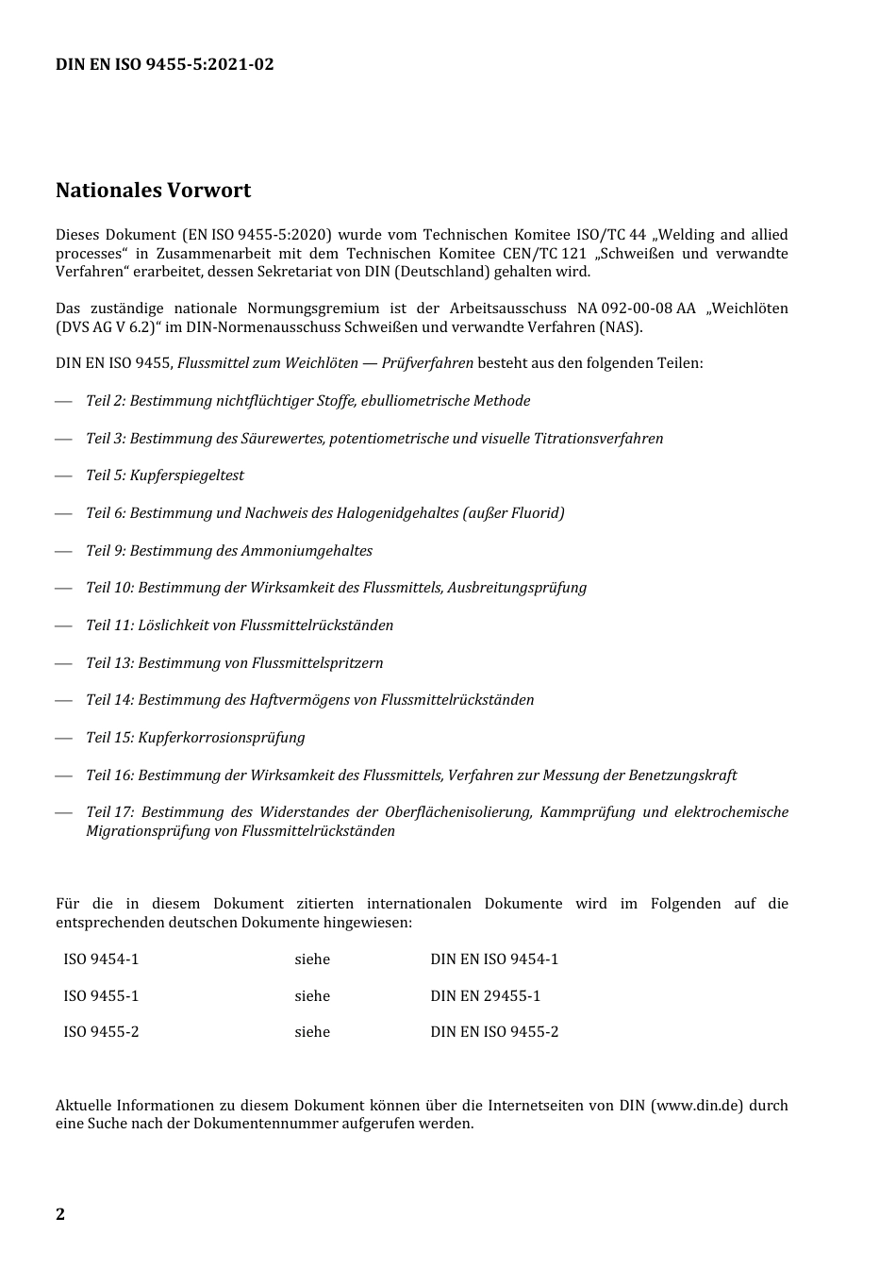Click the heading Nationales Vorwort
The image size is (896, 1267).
[153, 191]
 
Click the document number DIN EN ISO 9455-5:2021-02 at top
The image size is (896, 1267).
[165, 65]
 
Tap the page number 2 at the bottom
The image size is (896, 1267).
[60, 1214]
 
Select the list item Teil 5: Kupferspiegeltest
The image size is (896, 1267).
[165, 475]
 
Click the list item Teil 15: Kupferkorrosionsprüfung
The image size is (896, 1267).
[195, 738]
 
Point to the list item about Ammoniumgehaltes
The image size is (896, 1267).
[229, 551]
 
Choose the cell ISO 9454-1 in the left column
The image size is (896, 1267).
[101, 959]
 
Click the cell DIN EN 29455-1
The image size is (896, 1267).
[485, 996]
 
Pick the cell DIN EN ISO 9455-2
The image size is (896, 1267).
[494, 1032]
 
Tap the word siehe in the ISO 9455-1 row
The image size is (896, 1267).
[312, 996]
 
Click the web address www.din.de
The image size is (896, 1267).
[697, 1106]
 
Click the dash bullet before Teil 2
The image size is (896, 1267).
[63, 402]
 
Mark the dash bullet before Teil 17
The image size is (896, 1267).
[63, 812]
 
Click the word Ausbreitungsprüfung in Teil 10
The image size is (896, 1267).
[517, 588]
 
